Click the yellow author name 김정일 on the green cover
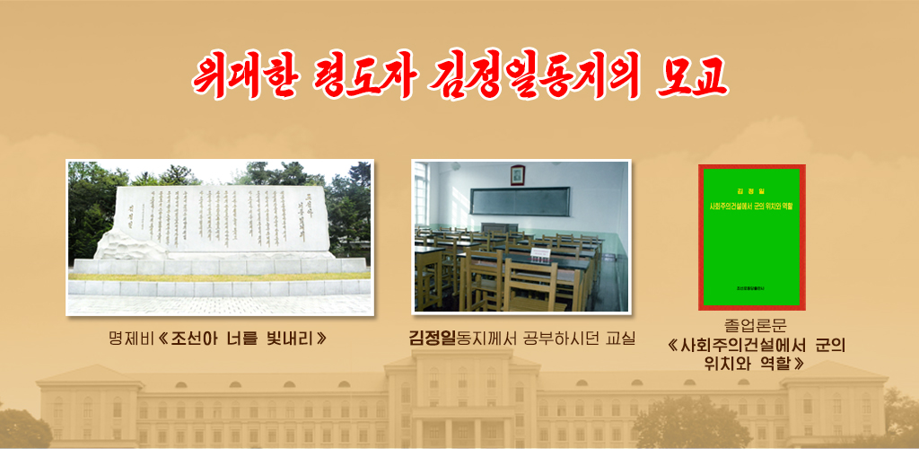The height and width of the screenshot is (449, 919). point(751,191)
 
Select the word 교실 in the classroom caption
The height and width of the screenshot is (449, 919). point(619,339)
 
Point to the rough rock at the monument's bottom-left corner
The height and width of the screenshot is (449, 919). point(117,244)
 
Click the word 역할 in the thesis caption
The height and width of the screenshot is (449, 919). point(773,364)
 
